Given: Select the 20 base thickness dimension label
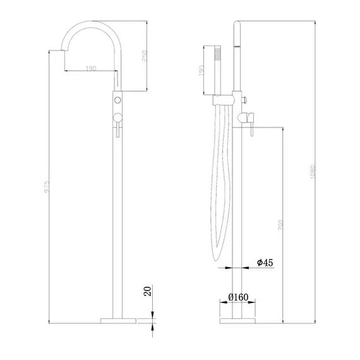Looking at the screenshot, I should click(147, 291).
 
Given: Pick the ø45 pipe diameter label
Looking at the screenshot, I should click(265, 262).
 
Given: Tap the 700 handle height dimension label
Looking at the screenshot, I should click(279, 224).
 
